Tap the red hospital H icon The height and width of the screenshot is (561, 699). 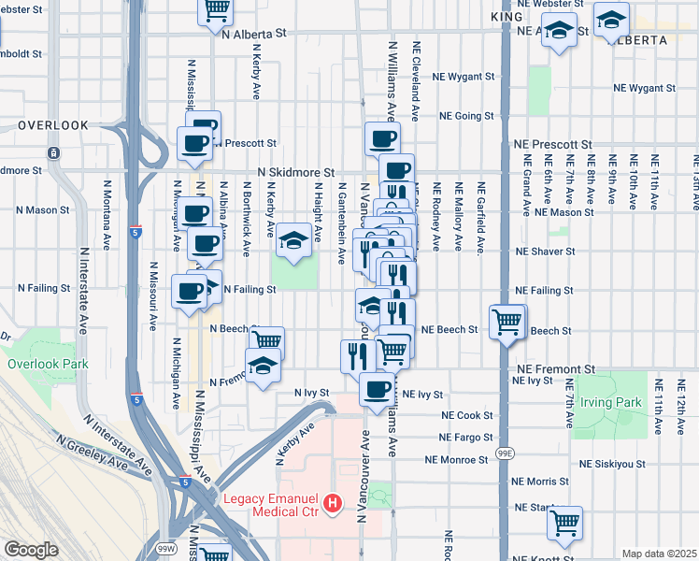coord(332,506)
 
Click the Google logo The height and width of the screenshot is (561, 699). coord(31,550)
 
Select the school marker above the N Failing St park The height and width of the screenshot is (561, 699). coord(293,239)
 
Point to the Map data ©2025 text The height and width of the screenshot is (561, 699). coord(660,554)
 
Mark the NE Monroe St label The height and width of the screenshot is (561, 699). coord(456,460)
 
